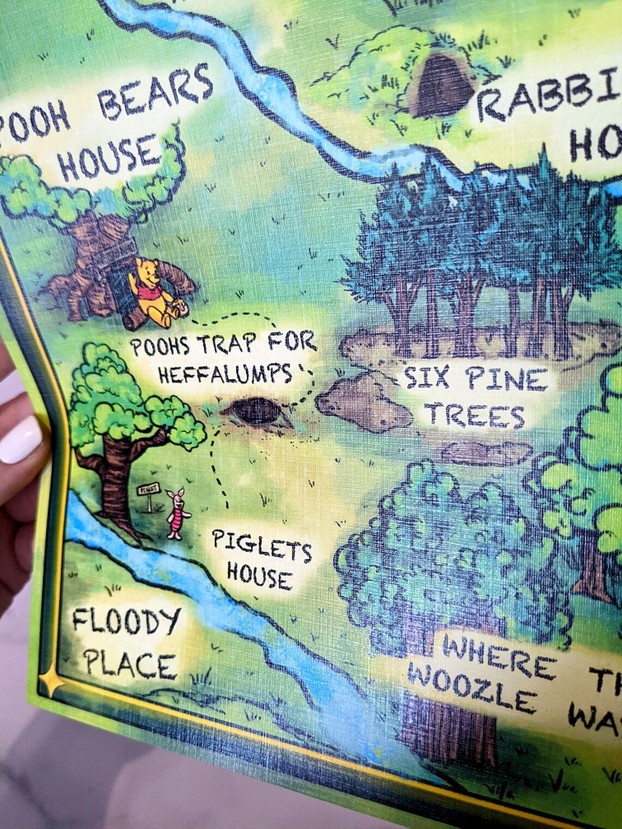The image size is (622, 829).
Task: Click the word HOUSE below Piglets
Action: pos(259,576)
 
